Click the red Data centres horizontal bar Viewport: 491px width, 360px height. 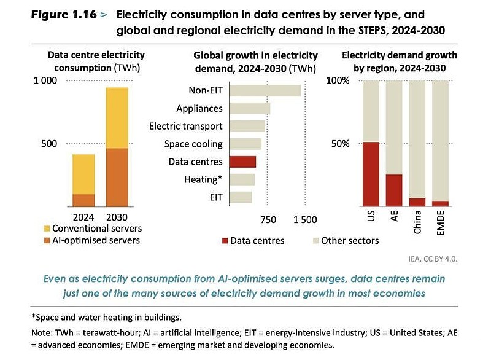pyautogui.click(x=242, y=162)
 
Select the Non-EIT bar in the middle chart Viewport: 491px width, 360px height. pyautogui.click(x=265, y=90)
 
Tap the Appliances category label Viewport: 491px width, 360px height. pyautogui.click(x=199, y=108)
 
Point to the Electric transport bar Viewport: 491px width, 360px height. pyautogui.click(x=247, y=127)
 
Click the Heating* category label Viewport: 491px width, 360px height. pyautogui.click(x=203, y=179)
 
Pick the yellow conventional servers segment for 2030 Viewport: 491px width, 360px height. pyautogui.click(x=117, y=118)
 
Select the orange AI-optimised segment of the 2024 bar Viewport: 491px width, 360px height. pyautogui.click(x=83, y=200)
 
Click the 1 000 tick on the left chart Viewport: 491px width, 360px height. pyautogui.click(x=45, y=80)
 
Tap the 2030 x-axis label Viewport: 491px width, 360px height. pyautogui.click(x=117, y=217)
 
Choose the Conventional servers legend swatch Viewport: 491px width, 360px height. pyautogui.click(x=47, y=229)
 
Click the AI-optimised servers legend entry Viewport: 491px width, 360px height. pyautogui.click(x=93, y=240)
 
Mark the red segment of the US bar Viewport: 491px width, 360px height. pyautogui.click(x=371, y=174)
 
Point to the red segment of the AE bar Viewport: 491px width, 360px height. pyautogui.click(x=394, y=190)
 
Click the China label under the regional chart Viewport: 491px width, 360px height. pyautogui.click(x=417, y=222)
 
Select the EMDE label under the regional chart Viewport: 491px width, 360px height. pyautogui.click(x=440, y=223)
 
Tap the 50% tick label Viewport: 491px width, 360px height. pyautogui.click(x=340, y=144)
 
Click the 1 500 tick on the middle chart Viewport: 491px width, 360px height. pyautogui.click(x=305, y=220)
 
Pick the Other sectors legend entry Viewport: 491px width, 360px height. pyautogui.click(x=346, y=241)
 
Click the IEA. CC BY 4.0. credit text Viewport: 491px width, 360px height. pyautogui.click(x=433, y=259)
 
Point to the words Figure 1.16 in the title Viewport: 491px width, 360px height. pyautogui.click(x=64, y=14)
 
